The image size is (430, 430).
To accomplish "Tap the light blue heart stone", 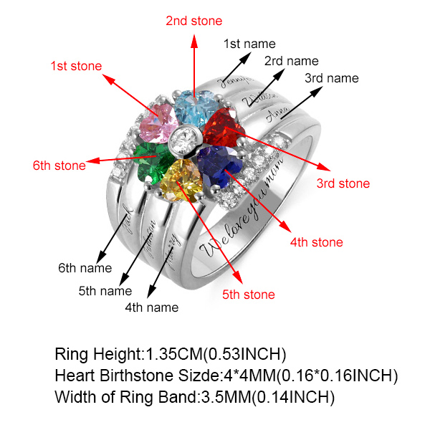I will [x=193, y=107].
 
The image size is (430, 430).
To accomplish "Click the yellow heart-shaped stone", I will [x=181, y=180].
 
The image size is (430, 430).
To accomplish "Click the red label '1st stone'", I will [x=75, y=66].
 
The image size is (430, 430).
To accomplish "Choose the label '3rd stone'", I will [x=343, y=183].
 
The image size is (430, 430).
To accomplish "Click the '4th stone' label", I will [x=316, y=242].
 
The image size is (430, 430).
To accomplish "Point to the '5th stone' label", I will [x=248, y=294].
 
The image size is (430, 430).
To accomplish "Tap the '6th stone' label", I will [x=59, y=166].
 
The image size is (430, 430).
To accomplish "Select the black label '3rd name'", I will [x=332, y=77].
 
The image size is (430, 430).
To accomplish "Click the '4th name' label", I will [x=152, y=307].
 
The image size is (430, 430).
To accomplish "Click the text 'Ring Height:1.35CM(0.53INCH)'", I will [x=171, y=354].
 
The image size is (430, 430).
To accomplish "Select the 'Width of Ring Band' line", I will [x=195, y=396].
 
